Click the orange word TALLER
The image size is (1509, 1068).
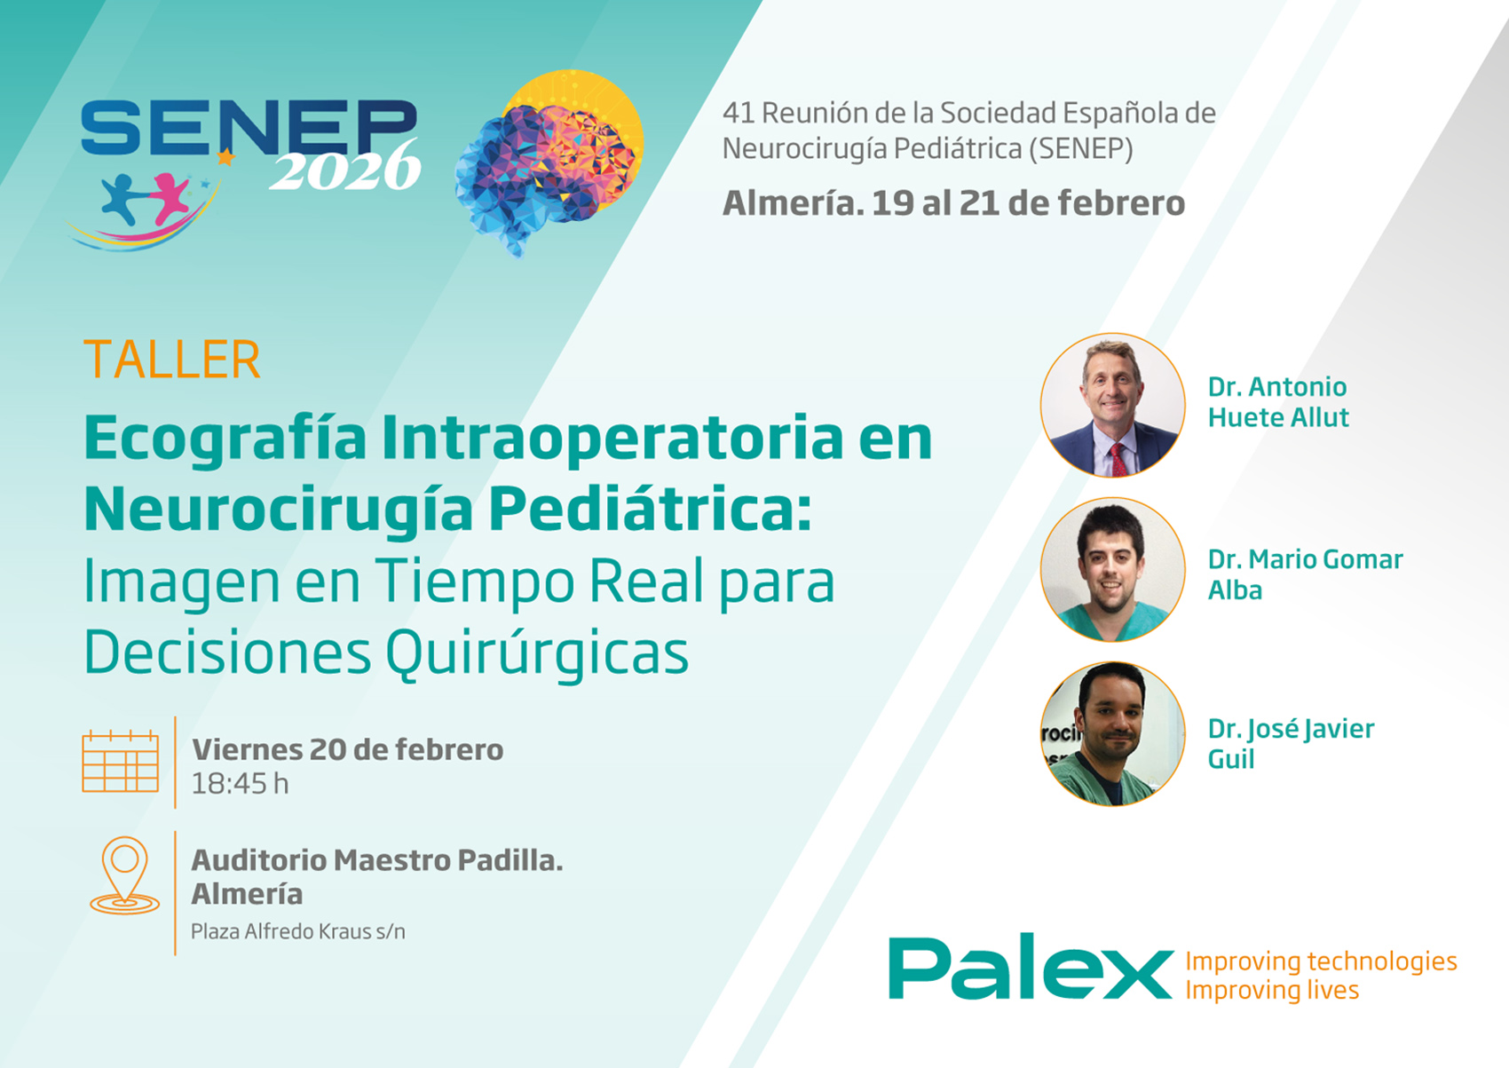pos(172,360)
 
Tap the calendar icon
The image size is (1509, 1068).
pos(121,762)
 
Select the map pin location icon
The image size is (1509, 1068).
pos(124,875)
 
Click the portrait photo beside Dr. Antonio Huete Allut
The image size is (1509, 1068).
pos(1113,405)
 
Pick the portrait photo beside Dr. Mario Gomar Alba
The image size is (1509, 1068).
pos(1113,570)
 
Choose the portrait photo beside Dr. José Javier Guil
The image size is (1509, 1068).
pos(1113,734)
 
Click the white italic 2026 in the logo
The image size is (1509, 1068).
pos(345,167)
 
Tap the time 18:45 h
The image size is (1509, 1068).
pos(241,784)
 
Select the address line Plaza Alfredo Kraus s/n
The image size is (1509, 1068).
pos(298,931)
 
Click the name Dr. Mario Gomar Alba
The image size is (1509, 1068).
pos(1305,574)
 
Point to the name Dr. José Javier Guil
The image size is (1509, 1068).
pos(1291,744)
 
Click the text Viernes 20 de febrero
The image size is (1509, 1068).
pos(348,749)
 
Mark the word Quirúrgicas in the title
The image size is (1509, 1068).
pos(537,653)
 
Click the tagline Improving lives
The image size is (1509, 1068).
pos(1272,991)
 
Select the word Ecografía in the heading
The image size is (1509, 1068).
pos(225,439)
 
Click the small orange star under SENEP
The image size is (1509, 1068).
pos(225,156)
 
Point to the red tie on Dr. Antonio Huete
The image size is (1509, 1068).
pos(1118,458)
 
